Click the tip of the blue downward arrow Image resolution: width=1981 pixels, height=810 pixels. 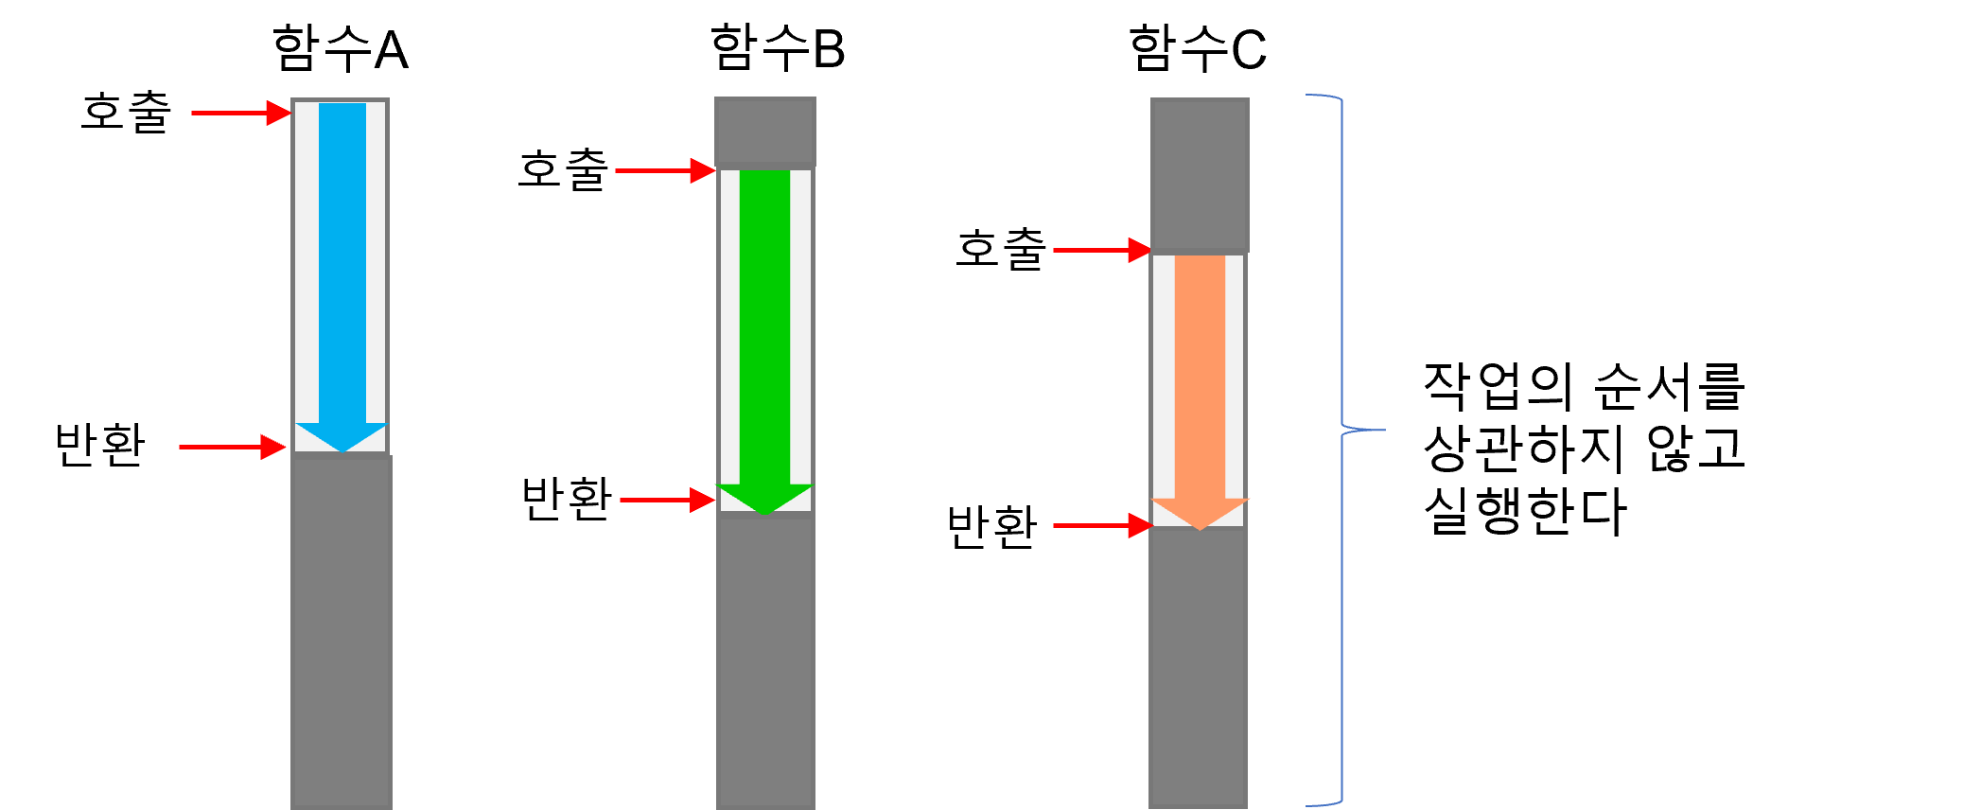(342, 449)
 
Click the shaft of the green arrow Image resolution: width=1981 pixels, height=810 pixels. (764, 322)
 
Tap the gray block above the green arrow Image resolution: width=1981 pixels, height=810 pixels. (764, 132)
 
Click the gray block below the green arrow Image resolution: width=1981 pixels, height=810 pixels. (764, 662)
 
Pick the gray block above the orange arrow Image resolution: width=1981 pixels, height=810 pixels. (1200, 174)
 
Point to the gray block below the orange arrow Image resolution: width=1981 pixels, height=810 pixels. (1199, 667)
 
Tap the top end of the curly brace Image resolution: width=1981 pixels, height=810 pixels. (1308, 95)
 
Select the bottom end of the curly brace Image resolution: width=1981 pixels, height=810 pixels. (1308, 805)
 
